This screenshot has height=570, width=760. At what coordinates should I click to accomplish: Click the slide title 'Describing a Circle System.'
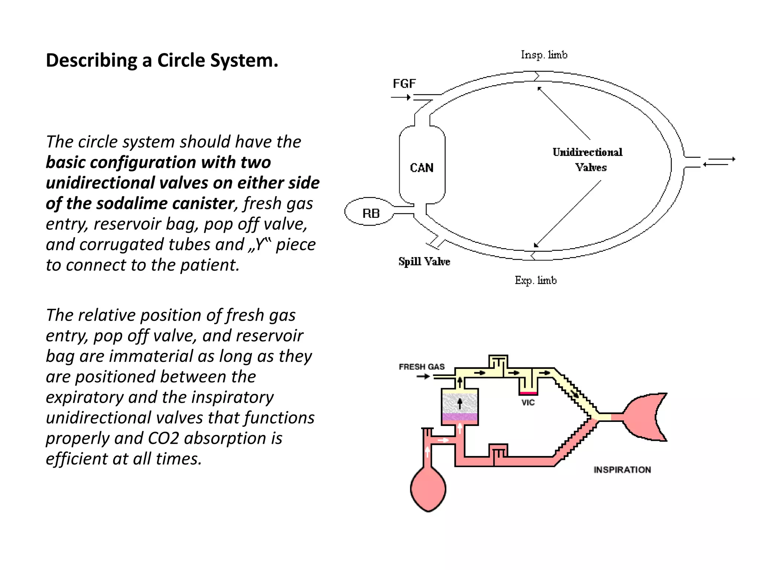pyautogui.click(x=162, y=60)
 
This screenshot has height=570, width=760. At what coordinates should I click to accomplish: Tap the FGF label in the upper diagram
pyautogui.click(x=404, y=84)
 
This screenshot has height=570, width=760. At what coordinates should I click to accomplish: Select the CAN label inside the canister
pyautogui.click(x=422, y=168)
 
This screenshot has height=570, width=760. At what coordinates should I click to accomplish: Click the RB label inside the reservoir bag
pyautogui.click(x=371, y=213)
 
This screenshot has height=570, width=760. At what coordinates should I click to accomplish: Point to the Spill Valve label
pyautogui.click(x=424, y=262)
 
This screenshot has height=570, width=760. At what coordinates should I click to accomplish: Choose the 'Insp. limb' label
pyautogui.click(x=544, y=55)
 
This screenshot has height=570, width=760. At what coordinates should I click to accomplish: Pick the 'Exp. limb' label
pyautogui.click(x=535, y=280)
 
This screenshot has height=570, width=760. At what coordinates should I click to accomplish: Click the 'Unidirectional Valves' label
pyautogui.click(x=587, y=160)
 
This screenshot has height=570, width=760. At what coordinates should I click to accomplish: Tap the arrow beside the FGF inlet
pyautogui.click(x=401, y=97)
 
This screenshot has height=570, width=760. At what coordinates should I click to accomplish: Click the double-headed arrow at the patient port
pyautogui.click(x=719, y=161)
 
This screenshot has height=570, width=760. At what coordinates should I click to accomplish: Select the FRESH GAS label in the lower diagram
pyautogui.click(x=422, y=367)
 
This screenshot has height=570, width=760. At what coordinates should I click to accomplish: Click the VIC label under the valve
pyautogui.click(x=528, y=403)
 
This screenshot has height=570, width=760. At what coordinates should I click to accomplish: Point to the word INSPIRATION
pyautogui.click(x=622, y=470)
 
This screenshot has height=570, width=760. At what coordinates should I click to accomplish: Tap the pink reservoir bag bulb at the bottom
pyautogui.click(x=428, y=489)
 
